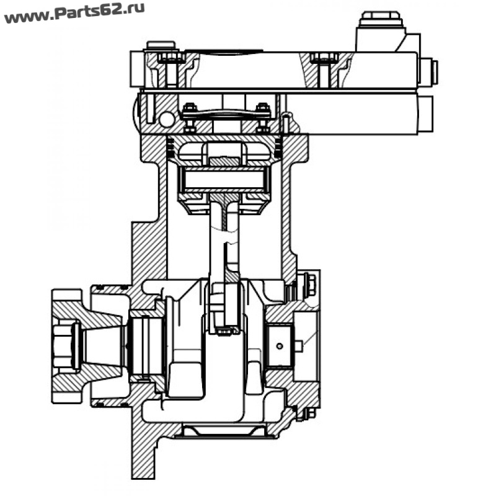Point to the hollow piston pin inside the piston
coord(225,179)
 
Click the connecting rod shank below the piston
coord(224,241)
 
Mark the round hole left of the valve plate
coord(166,119)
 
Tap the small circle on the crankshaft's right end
coord(280,346)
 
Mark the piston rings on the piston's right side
coord(278,149)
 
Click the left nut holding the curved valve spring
coord(190,107)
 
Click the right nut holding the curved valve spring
coord(262,107)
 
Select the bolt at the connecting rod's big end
coord(224,332)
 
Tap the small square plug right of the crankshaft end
coord(298,347)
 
